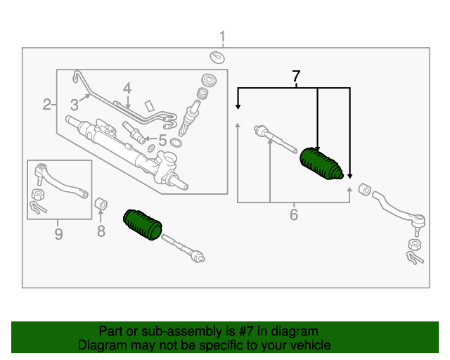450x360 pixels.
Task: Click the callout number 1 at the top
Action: pyautogui.click(x=222, y=37)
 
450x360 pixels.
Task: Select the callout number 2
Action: pyautogui.click(x=46, y=105)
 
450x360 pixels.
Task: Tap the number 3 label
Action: pyautogui.click(x=74, y=105)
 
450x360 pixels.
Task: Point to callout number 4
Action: pyautogui.click(x=127, y=89)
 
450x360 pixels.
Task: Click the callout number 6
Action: pyautogui.click(x=294, y=214)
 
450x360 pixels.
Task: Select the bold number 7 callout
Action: pyautogui.click(x=296, y=75)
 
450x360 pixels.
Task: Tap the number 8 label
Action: pyautogui.click(x=101, y=230)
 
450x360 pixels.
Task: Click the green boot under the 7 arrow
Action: pyautogui.click(x=321, y=166)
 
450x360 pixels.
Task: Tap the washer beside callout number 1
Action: pyautogui.click(x=217, y=56)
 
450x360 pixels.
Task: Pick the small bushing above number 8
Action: pyautogui.click(x=101, y=205)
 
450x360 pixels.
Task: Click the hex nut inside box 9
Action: pyautogui.click(x=39, y=194)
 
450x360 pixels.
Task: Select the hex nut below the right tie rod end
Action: pyautogui.click(x=414, y=245)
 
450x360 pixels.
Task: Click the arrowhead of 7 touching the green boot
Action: pyautogui.click(x=318, y=145)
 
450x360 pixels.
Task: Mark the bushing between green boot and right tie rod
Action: pyautogui.click(x=364, y=189)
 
